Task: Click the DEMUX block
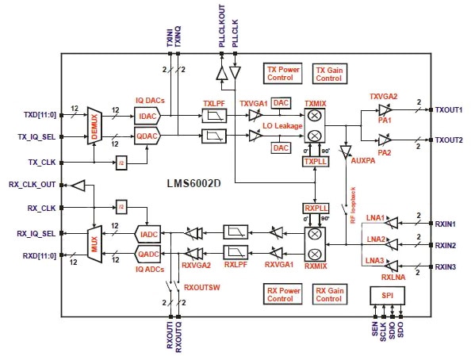click(95, 125)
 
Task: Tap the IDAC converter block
click(147, 116)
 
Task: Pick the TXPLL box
click(315, 161)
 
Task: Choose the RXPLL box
click(315, 208)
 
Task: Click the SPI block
click(387, 295)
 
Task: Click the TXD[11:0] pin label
click(36, 116)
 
